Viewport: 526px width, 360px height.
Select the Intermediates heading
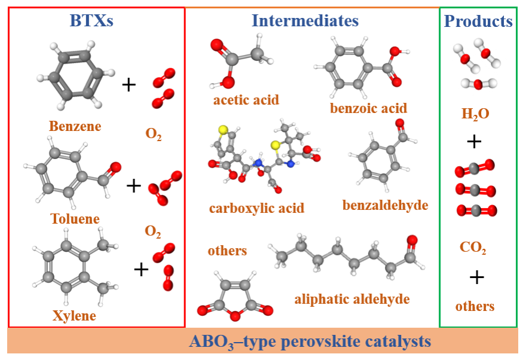tap(305, 22)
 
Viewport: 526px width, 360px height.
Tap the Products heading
tap(478, 22)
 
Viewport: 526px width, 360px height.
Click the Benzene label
tap(75, 127)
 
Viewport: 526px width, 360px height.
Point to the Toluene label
tap(75, 219)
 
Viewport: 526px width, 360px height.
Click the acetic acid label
tap(246, 100)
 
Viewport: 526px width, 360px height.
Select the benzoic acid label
tap(368, 108)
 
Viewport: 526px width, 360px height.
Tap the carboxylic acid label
tap(256, 209)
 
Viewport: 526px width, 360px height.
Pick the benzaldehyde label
tap(385, 206)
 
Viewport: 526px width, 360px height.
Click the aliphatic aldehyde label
tap(351, 299)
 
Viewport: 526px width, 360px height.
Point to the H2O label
tap(475, 114)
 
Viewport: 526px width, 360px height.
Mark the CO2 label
tap(473, 248)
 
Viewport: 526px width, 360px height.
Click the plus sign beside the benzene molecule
tap(129, 85)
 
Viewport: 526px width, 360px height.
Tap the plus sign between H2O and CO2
tap(474, 142)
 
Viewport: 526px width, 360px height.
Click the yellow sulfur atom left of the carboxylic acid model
tap(222, 130)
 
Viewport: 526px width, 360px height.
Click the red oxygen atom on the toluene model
tap(115, 167)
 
